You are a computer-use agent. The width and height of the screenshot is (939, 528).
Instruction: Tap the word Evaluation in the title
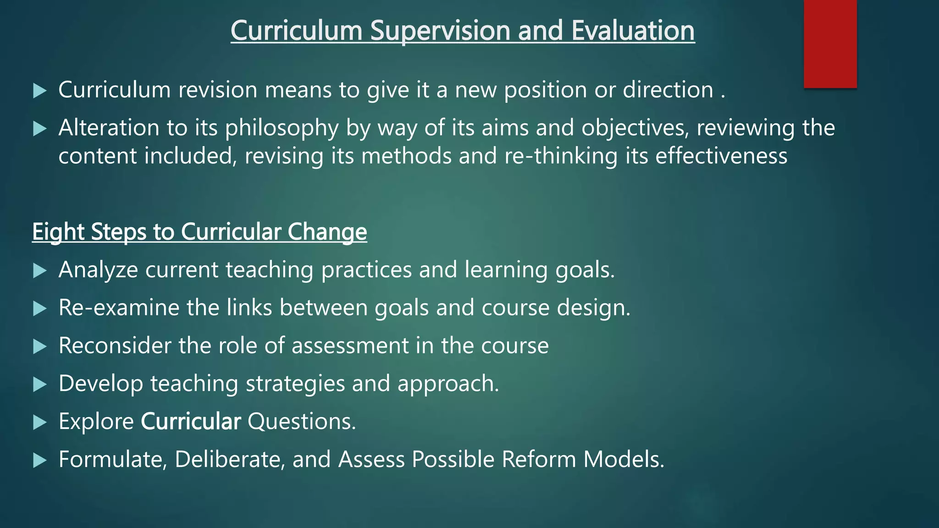point(633,31)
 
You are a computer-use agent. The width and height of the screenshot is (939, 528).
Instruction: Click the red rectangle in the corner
point(830,44)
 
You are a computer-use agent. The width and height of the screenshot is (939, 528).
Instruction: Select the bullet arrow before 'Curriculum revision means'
point(40,91)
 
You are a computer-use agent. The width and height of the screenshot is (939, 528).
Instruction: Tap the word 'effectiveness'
point(721,156)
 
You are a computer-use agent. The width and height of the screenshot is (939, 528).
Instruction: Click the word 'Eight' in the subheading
point(58,232)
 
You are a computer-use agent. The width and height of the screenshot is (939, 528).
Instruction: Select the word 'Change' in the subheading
point(327,232)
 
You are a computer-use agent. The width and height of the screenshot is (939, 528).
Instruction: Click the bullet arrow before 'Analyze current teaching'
point(40,271)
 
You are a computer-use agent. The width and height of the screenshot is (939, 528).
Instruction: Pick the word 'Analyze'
point(98,269)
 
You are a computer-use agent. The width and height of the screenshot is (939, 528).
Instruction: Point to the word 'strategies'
point(295,384)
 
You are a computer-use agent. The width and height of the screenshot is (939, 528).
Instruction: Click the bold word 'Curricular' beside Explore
point(191,422)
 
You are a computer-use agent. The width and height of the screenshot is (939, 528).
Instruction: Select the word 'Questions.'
point(302,422)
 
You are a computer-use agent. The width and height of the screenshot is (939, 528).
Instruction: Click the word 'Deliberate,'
point(230,459)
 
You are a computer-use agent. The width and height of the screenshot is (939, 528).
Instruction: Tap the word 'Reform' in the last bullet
point(539,459)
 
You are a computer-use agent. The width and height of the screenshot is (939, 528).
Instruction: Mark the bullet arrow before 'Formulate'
point(40,461)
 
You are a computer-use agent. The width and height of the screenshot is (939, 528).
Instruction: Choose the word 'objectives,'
point(635,128)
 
